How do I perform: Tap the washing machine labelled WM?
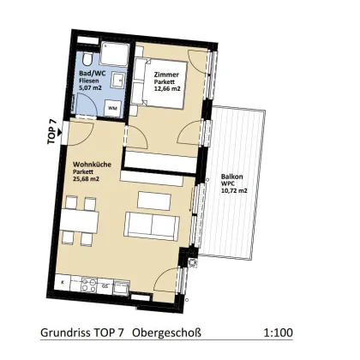(111, 108)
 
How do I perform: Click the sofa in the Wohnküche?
(152, 225)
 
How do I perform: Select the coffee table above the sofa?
(154, 200)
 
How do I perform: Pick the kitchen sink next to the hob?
(105, 284)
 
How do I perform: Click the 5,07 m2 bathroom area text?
(90, 88)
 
